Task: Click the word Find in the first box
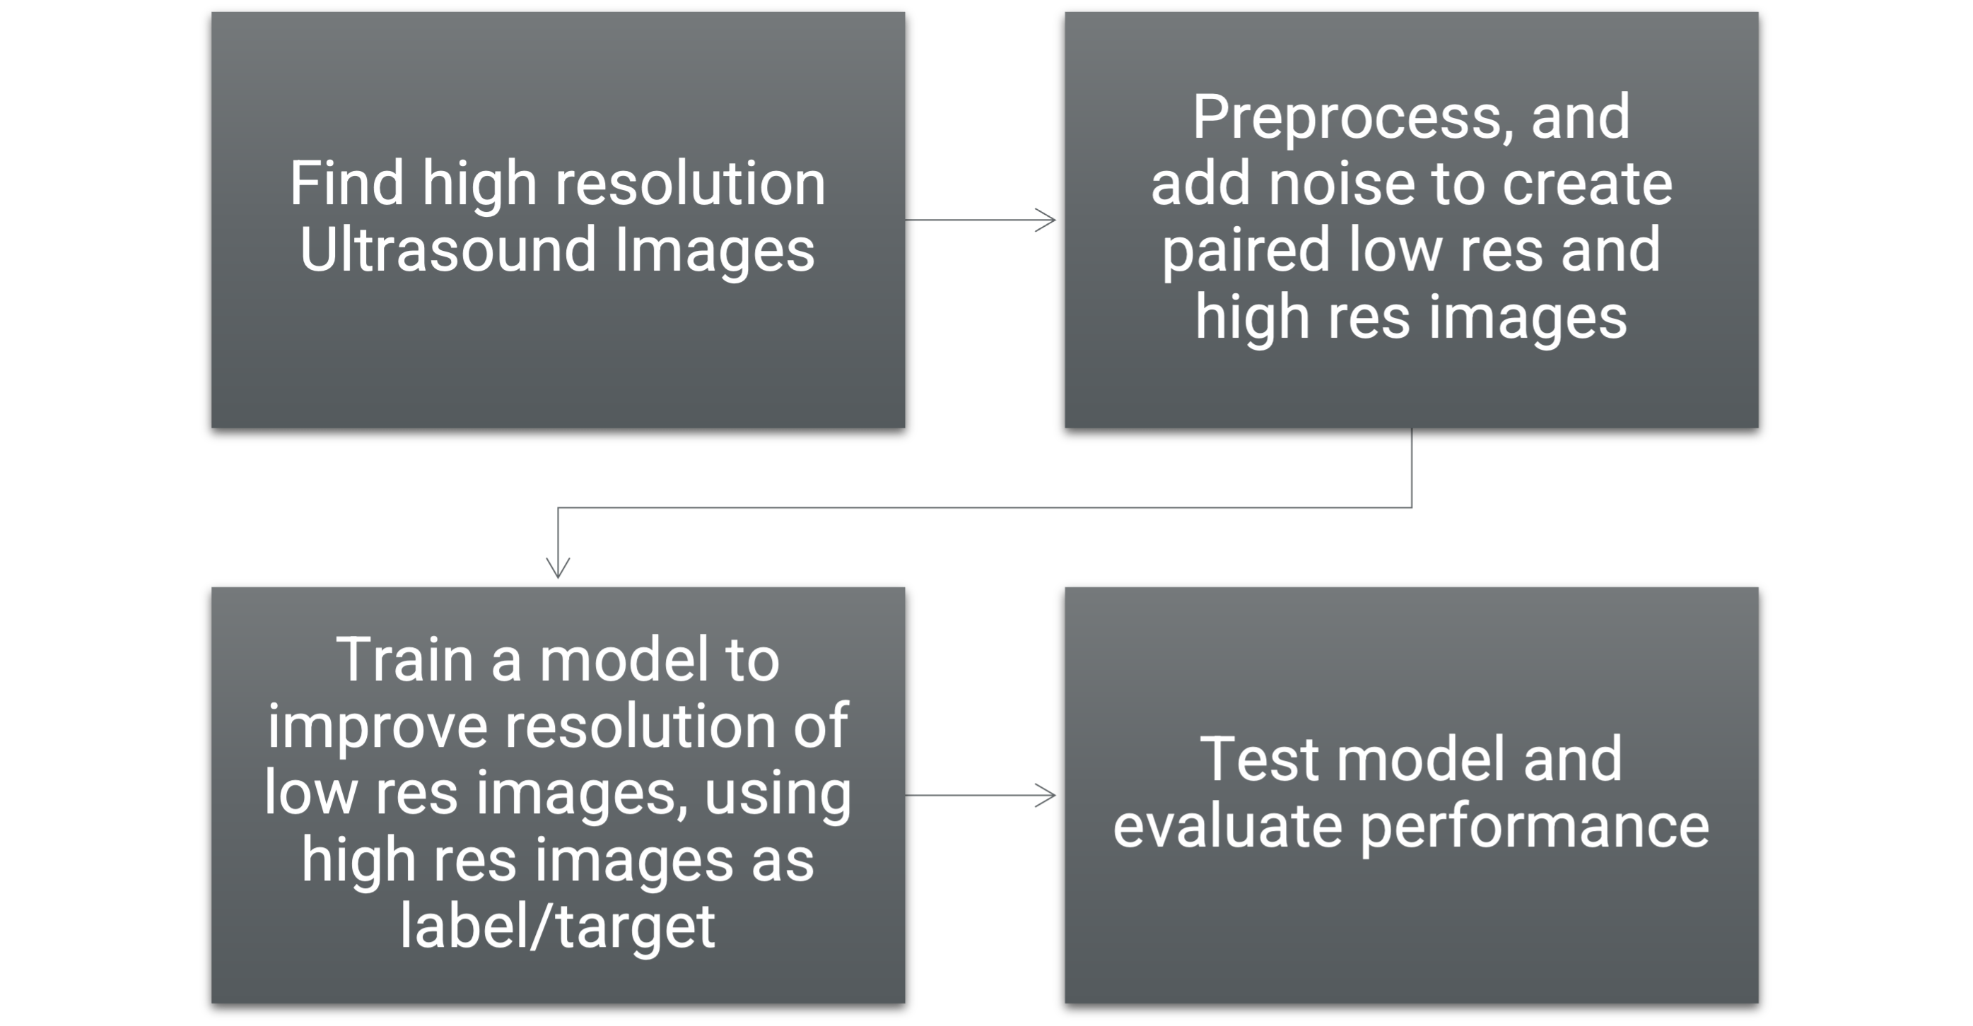click(346, 184)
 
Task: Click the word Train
click(405, 660)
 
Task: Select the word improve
click(377, 727)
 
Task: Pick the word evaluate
click(1227, 827)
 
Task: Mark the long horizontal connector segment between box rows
click(984, 507)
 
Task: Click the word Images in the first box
click(715, 250)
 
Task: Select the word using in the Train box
click(778, 794)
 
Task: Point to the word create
click(1587, 184)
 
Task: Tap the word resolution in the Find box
click(690, 184)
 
